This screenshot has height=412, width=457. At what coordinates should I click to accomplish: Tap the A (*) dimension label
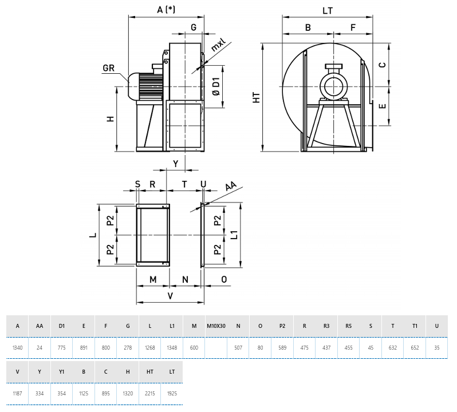pos(166,10)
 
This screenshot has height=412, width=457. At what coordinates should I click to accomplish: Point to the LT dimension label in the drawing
pos(328,10)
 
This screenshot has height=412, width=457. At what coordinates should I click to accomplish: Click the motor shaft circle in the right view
pos(333,86)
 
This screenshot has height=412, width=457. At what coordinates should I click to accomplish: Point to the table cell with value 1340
pos(18,347)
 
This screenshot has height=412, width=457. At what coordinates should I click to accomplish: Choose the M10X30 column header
pos(216,326)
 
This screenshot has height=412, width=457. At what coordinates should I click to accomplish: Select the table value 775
pos(62,347)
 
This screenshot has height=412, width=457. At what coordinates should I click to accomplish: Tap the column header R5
pos(349,326)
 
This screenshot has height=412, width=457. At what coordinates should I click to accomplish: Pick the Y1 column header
pos(62,371)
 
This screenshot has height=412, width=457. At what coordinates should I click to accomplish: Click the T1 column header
pos(415,326)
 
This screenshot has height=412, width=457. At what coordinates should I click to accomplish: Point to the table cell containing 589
pos(282,347)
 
